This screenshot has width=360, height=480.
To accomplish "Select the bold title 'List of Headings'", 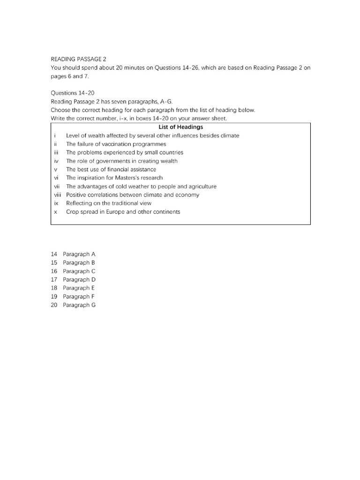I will [180, 127].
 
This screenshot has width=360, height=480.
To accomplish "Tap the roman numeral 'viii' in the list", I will [58, 195].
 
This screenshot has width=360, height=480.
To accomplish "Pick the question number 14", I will [54, 254].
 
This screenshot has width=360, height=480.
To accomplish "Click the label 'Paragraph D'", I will [79, 279].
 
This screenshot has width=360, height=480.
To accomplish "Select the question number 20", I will [54, 305].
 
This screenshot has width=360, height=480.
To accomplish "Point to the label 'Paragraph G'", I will [79, 305].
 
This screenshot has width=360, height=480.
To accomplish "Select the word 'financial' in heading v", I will [112, 169].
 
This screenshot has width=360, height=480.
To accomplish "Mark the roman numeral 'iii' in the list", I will [56, 152].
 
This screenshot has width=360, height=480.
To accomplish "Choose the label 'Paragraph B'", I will [79, 262].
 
